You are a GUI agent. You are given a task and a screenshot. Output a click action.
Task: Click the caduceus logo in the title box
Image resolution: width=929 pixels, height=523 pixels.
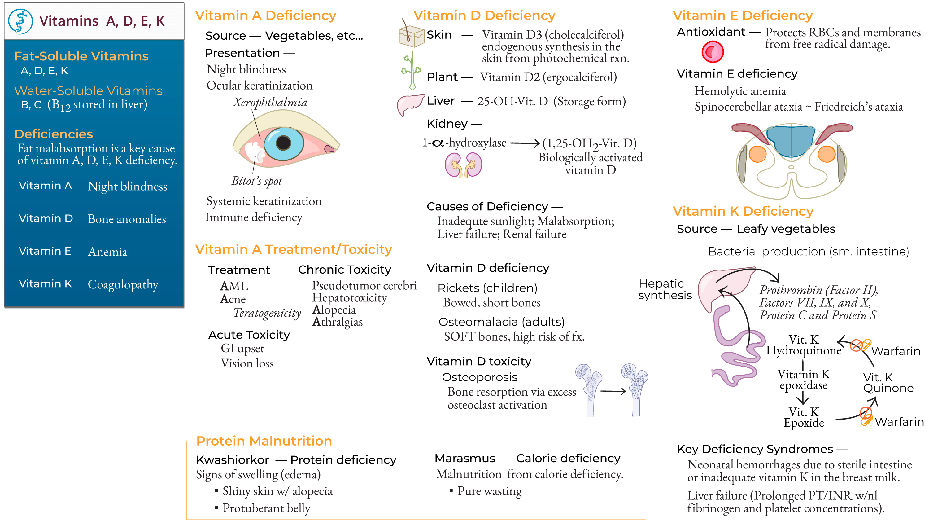[20, 22]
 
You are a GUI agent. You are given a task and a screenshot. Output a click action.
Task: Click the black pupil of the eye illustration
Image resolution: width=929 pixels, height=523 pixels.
[283, 143]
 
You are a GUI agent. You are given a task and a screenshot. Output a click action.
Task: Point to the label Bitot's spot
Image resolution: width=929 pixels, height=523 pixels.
[256, 181]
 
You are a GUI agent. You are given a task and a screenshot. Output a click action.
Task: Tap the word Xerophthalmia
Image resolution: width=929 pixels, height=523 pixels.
[270, 102]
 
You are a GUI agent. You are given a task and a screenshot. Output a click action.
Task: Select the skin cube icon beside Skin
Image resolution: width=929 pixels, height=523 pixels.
[411, 36]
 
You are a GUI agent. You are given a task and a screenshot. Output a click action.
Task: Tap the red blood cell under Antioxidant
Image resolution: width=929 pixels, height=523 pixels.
[712, 52]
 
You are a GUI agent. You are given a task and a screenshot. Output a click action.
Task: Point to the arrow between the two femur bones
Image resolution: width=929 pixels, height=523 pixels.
[612, 391]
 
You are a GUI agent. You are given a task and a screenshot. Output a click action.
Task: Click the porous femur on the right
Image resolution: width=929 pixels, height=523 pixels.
[635, 388]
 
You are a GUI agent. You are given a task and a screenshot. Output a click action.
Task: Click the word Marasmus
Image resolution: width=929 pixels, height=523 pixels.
[464, 458]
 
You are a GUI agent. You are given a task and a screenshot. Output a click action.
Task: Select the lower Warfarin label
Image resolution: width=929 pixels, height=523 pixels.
[899, 422]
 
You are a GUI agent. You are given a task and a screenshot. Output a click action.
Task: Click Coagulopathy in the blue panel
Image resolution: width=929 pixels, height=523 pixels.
[123, 284]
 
